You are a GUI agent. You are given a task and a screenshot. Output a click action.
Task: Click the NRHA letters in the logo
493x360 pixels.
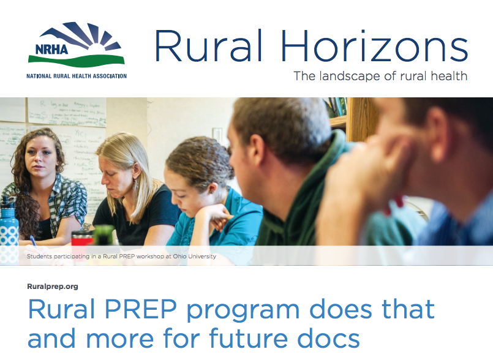[51, 50]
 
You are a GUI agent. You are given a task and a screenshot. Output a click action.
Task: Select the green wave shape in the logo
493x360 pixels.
[77, 61]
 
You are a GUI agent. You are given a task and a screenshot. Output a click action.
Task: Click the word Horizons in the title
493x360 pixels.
[374, 46]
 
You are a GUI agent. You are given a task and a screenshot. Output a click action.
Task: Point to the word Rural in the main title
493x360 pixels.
[208, 46]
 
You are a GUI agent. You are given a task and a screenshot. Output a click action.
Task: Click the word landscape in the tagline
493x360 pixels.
[350, 76]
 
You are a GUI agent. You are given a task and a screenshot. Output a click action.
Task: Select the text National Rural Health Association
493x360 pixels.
[77, 76]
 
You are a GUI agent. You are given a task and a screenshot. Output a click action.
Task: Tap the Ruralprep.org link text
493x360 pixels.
[53, 287]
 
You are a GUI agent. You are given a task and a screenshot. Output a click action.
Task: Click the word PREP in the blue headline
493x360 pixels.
[140, 309]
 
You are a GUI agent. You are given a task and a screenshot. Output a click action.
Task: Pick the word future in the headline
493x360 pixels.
[249, 339]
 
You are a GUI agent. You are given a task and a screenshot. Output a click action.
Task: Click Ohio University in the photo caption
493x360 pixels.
[195, 257]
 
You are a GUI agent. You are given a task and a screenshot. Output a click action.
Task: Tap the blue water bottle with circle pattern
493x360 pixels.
[8, 231]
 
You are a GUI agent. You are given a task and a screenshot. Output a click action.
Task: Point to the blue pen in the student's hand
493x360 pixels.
[33, 240]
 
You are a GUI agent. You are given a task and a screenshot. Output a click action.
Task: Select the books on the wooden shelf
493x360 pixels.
[336, 107]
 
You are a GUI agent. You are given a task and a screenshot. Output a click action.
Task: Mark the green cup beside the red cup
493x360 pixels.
[104, 235]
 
